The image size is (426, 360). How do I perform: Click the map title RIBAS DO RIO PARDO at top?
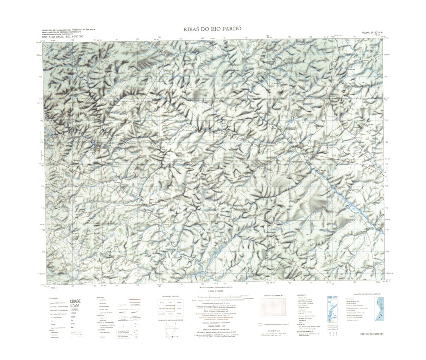click(x=212, y=29)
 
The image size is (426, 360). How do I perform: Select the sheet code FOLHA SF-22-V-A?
click(x=373, y=33)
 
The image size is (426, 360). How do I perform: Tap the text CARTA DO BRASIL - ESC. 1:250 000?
click(x=62, y=36)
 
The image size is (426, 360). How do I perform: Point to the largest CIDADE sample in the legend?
click(x=75, y=301)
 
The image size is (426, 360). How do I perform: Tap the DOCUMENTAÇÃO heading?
click(x=272, y=331)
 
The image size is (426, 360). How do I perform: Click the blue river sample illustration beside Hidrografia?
click(x=332, y=309)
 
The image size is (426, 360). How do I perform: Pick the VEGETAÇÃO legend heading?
click(x=301, y=324)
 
